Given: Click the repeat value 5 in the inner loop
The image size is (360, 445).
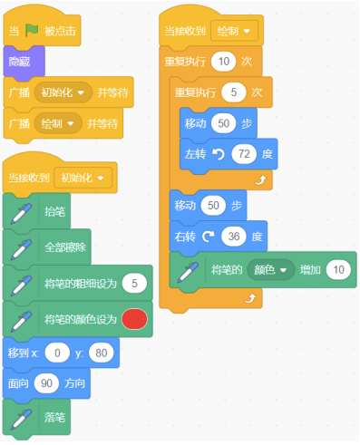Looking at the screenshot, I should click(x=233, y=92).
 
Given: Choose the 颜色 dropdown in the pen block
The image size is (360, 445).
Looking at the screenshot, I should click(x=273, y=269).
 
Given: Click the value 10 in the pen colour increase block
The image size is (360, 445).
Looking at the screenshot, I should click(x=338, y=269).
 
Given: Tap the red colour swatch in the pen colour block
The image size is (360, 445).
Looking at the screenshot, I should click(x=134, y=320).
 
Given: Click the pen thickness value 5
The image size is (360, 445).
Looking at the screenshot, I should click(x=134, y=285).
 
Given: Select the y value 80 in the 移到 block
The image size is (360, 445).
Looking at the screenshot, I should click(x=102, y=353).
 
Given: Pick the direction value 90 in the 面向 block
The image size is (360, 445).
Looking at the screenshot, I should click(x=49, y=383).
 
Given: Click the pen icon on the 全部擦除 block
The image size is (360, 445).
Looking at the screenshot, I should click(x=22, y=247).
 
